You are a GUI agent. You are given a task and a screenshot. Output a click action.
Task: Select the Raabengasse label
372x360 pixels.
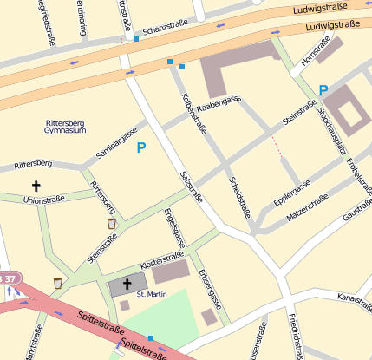[x=218, y=103]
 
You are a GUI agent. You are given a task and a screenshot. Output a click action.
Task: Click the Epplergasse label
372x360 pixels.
[x=292, y=191]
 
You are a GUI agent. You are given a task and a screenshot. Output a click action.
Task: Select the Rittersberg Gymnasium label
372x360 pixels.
[x=65, y=127]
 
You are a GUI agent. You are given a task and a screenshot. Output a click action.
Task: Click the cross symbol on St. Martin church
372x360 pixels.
[x=127, y=284]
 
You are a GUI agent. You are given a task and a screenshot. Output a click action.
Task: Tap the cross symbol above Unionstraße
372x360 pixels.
[x=36, y=186]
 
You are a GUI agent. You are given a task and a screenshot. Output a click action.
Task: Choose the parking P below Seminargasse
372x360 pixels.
[x=141, y=148]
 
